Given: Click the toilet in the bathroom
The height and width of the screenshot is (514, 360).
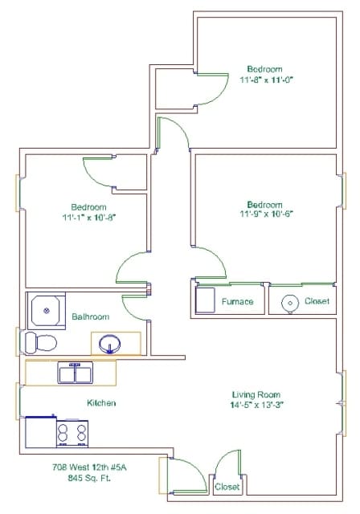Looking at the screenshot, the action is pos(41,343).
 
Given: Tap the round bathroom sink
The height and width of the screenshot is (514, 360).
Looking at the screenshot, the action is pos(109,344).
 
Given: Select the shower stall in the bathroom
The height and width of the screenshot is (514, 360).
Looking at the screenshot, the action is pos(47,311).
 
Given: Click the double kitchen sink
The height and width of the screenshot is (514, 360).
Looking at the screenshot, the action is pos(75,373).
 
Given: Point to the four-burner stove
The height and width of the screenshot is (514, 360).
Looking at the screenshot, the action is pos(72,433).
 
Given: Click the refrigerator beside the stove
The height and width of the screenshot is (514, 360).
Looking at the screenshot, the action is pos(41,432).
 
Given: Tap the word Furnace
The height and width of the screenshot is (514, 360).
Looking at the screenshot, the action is pos(237,301).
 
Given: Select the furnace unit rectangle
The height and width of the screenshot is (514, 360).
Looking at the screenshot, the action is pos(205,300).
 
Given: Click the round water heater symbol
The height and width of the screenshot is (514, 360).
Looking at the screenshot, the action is pos(290,304).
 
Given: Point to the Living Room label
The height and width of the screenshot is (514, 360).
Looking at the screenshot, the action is pos(256,394).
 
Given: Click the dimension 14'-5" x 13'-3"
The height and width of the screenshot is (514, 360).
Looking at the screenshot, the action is pos(256,405).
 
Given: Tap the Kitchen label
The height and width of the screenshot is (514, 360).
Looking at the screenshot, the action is pos(101,402).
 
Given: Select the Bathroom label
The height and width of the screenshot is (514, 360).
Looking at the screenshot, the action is pos(91,316).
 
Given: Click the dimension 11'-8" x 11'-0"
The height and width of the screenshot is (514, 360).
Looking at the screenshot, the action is pos(266,80).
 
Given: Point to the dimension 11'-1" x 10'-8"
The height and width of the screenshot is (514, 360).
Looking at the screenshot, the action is pos(89,218).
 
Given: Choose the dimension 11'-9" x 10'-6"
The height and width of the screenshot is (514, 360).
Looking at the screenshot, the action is pos(266,214).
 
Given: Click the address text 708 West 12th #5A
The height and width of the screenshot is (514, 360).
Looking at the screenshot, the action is pos(89,467).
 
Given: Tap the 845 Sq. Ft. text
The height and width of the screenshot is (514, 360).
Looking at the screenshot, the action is pos(89,478).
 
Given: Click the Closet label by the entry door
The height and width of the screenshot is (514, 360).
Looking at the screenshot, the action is pos(227,487).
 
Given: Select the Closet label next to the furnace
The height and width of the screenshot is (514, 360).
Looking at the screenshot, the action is pos(317,301).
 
